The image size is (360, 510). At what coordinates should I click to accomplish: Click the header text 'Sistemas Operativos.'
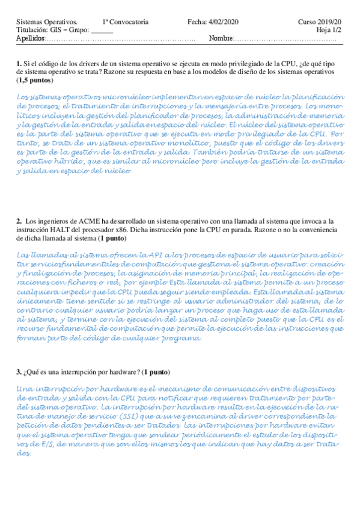tap(42, 22)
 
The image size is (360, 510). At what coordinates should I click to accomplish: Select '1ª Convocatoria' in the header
tap(125, 22)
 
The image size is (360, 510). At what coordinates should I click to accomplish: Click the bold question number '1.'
tap(19, 63)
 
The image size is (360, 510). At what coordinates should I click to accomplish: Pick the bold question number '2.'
tap(19, 222)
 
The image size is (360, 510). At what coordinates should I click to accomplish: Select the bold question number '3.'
tap(19, 372)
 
